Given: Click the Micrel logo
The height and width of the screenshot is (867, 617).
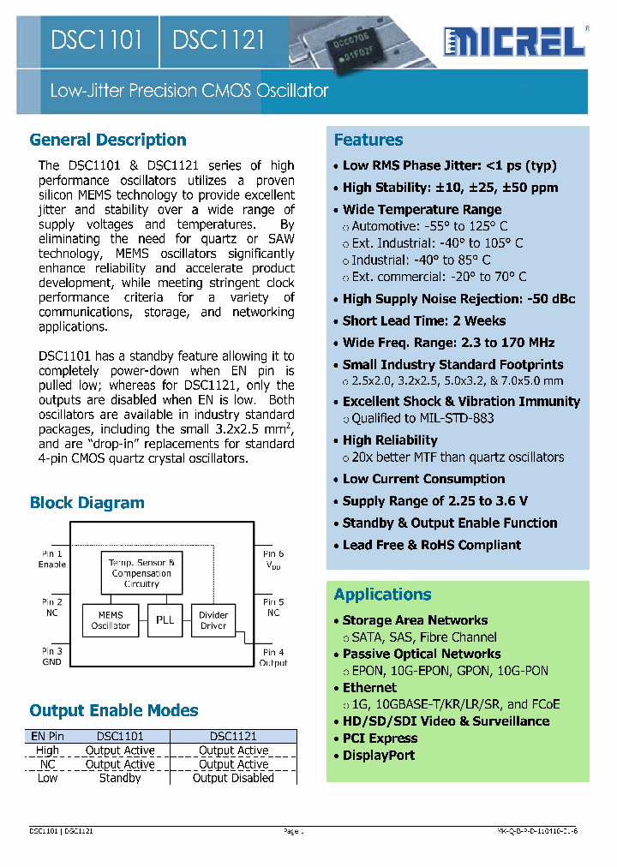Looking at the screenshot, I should pyautogui.click(x=514, y=40).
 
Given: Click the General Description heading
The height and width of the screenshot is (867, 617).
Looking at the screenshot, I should pyautogui.click(x=108, y=140).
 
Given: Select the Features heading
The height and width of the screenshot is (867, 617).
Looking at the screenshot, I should pyautogui.click(x=368, y=140).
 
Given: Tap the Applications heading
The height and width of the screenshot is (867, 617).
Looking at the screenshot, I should pyautogui.click(x=382, y=595).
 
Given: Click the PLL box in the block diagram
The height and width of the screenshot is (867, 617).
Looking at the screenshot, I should pyautogui.click(x=164, y=619).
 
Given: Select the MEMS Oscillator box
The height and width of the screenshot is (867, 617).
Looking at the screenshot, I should pyautogui.click(x=111, y=619).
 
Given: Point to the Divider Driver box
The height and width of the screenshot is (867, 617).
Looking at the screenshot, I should pyautogui.click(x=213, y=619).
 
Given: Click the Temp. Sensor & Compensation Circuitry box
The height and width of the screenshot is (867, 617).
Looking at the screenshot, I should pyautogui.click(x=141, y=572).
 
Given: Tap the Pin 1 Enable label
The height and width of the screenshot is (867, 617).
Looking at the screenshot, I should pyautogui.click(x=52, y=559).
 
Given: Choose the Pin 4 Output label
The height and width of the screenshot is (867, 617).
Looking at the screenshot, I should pyautogui.click(x=273, y=657).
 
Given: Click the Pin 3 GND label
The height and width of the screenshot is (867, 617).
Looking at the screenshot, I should pyautogui.click(x=52, y=657).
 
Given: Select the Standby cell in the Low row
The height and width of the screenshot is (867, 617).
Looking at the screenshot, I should pyautogui.click(x=120, y=778).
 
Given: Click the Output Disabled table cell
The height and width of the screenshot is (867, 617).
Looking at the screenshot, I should pyautogui.click(x=233, y=778).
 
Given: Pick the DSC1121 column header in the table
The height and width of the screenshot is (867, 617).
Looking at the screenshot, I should pyautogui.click(x=233, y=736).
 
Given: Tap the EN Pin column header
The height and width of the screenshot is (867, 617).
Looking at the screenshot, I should pyautogui.click(x=47, y=736).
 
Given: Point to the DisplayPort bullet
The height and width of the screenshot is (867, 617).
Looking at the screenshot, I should pyautogui.click(x=379, y=755).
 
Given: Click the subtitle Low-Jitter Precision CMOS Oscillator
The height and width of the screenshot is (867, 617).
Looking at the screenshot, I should pyautogui.click(x=189, y=91).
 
